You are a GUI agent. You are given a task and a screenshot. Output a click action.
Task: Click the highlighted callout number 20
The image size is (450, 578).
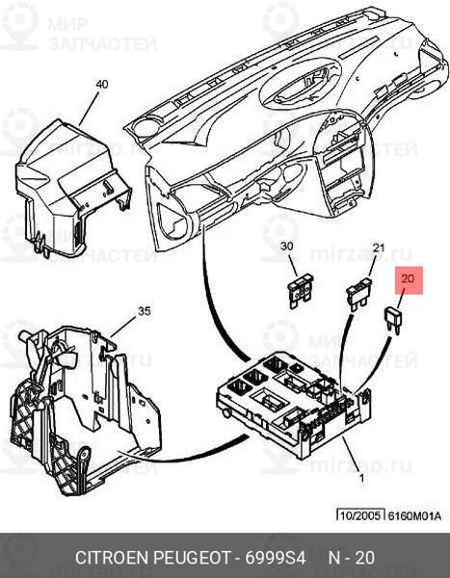tap(408, 278)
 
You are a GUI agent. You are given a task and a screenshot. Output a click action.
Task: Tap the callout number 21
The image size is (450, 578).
tap(379, 248)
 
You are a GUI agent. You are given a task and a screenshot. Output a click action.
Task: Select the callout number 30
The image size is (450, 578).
tap(286, 246)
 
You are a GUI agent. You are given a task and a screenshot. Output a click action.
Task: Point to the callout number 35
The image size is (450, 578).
tap(145, 311)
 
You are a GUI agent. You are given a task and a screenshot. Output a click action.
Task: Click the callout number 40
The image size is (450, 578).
tap(102, 84)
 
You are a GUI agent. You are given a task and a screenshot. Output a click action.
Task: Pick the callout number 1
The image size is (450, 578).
tap(362, 478)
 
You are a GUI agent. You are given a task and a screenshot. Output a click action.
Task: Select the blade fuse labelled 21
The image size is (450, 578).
tap(358, 294)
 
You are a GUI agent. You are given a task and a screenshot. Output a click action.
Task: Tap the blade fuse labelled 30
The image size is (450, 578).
tap(301, 291)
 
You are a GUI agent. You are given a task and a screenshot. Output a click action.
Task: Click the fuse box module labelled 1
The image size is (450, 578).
tap(293, 404)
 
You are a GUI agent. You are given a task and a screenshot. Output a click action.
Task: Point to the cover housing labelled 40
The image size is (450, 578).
tap(72, 188)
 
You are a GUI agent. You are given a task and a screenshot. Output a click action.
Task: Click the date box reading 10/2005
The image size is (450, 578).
tap(360, 515)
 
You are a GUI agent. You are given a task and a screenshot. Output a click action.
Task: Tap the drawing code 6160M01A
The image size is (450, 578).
tap(414, 515)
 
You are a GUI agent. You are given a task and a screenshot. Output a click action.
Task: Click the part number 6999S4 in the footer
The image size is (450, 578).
tap(276, 558)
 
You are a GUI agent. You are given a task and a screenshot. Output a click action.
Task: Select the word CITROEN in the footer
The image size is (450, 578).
tap(112, 558)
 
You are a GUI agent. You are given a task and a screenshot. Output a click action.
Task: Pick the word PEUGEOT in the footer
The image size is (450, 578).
tap(191, 558)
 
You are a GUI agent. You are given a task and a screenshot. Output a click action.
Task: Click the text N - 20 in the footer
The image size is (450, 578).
tap(351, 558)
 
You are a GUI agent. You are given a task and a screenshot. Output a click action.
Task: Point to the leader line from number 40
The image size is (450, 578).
tap(89, 109)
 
